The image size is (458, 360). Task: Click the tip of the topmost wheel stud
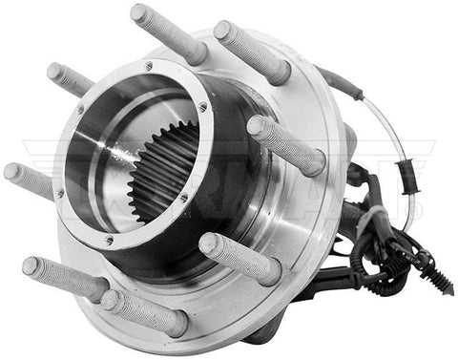[139, 14]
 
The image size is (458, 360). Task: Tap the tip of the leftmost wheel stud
[11, 173]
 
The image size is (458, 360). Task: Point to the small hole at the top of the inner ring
[148, 66]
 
